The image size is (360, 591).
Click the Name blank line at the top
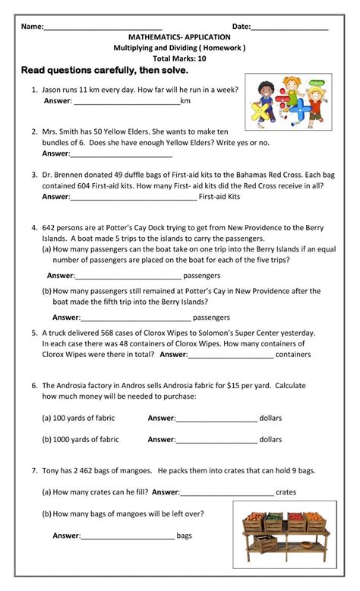(x=103, y=27)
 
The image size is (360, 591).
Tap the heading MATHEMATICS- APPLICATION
(x=180, y=36)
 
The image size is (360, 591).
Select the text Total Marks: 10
(x=179, y=58)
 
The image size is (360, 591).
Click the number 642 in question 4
(x=50, y=227)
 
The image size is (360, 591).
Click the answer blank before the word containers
(x=230, y=355)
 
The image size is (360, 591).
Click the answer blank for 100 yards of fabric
(x=216, y=418)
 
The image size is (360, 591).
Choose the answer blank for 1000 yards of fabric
(x=216, y=440)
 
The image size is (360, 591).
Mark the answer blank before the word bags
(x=128, y=536)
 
